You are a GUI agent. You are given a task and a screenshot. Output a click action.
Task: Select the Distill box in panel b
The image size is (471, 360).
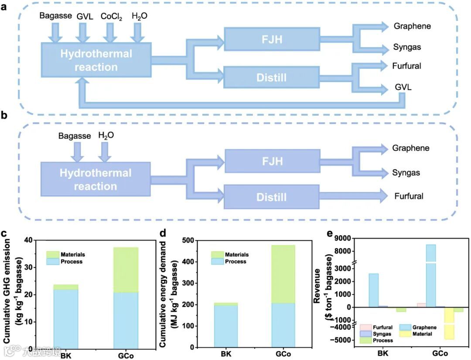pyautogui.click(x=272, y=197)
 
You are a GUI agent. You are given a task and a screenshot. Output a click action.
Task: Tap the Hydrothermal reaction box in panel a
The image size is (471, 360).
pyautogui.click(x=96, y=60)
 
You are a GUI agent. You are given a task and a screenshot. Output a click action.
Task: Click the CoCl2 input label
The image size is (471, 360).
pyautogui.click(x=111, y=17)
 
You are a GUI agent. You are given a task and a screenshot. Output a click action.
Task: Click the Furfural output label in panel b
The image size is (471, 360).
pyautogui.click(x=409, y=196)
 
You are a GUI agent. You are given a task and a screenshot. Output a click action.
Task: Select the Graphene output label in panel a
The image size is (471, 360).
pyautogui.click(x=412, y=26)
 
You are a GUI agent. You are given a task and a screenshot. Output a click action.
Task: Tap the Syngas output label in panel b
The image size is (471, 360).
pyautogui.click(x=406, y=173)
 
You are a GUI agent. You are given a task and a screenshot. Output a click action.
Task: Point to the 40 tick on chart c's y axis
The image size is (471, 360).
pyautogui.click(x=29, y=240)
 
